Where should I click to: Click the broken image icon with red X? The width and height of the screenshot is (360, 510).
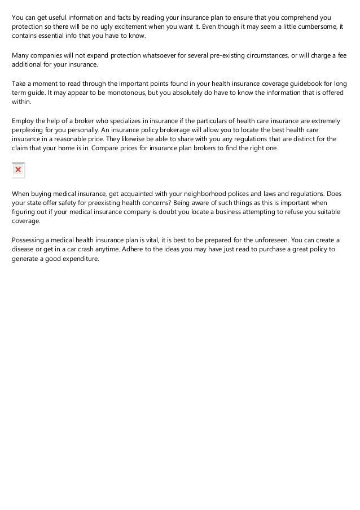pos(18,169)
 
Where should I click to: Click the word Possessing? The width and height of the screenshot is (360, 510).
pos(30,239)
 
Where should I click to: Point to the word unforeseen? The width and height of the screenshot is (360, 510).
pos(262,239)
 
